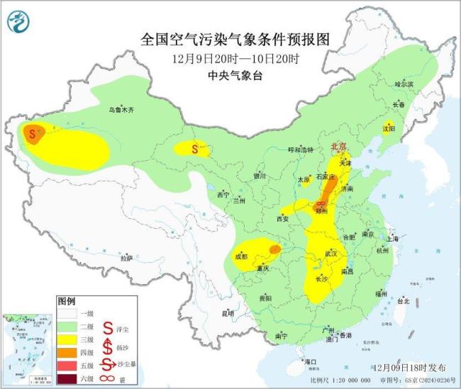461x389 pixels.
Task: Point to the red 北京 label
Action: click(x=340, y=147)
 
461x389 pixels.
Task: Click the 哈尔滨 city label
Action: click(x=403, y=84)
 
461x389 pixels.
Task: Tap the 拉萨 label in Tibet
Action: click(x=127, y=259)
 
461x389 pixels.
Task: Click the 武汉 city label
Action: click(x=331, y=254)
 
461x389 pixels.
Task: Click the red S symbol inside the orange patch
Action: click(x=31, y=131)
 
